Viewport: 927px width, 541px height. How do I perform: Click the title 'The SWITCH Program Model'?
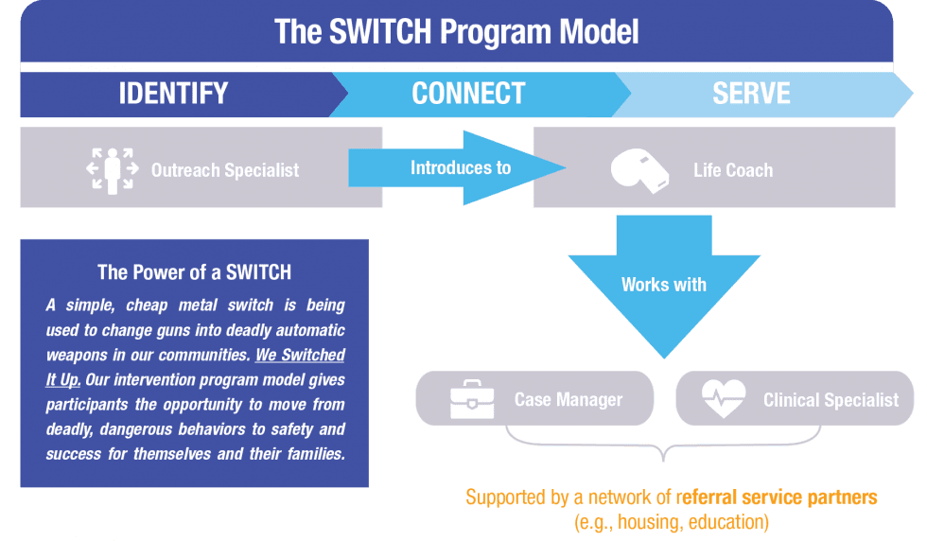(x=456, y=32)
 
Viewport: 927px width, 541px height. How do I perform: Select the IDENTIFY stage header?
(x=173, y=94)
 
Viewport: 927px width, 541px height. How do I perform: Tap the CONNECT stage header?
(x=468, y=94)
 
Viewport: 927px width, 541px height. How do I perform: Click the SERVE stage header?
(x=751, y=94)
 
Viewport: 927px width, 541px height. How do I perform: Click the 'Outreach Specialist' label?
(x=225, y=170)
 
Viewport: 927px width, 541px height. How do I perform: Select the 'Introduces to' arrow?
(x=461, y=167)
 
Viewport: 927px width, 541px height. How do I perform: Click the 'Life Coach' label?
(x=733, y=170)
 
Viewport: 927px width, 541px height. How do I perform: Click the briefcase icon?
(x=471, y=399)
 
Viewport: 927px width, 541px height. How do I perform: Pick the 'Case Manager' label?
(x=568, y=399)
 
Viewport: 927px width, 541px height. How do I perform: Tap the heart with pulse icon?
(x=724, y=399)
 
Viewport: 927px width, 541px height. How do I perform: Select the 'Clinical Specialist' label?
(x=831, y=399)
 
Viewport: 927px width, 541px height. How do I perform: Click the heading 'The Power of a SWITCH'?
(x=194, y=272)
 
